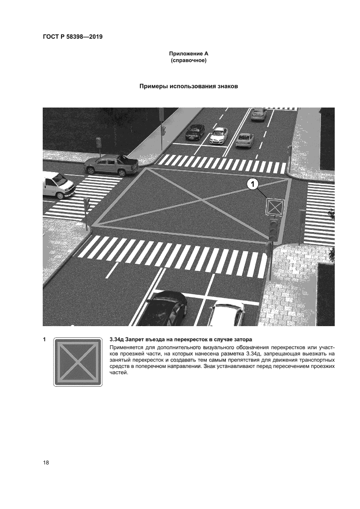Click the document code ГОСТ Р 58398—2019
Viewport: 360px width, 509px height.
73,37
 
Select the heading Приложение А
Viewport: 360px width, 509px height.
188,54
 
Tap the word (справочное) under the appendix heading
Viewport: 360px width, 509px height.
188,61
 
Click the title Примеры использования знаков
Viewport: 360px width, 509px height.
188,86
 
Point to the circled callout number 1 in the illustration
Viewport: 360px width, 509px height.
252,184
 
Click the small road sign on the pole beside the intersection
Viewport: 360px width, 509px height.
275,207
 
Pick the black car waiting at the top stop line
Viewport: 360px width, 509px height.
195,132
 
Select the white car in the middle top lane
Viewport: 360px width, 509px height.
218,136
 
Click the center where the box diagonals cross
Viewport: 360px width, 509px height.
202,201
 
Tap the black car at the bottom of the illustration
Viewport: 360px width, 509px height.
166,308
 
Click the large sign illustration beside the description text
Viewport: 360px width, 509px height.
78,362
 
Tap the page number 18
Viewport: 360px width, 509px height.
46,462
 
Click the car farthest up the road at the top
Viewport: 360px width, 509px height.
258,114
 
